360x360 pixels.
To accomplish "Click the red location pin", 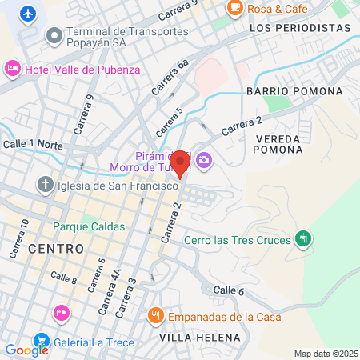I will click(x=180, y=162).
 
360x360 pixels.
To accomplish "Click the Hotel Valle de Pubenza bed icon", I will click(x=13, y=70).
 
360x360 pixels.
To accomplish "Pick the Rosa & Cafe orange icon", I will click(x=236, y=9).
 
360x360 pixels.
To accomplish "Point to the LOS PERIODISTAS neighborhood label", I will click(x=300, y=28).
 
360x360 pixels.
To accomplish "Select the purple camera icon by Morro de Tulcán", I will click(x=204, y=161).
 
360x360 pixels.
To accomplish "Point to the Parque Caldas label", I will click(x=89, y=226).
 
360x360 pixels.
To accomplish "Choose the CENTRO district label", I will click(x=56, y=249).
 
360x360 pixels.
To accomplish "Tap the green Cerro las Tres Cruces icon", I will click(x=303, y=238).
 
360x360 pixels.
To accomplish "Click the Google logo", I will click(x=26, y=350).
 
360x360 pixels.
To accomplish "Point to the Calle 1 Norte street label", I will click(x=33, y=144).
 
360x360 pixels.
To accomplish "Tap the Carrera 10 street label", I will click(x=20, y=238).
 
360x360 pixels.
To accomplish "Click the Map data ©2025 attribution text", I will click(x=326, y=354).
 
